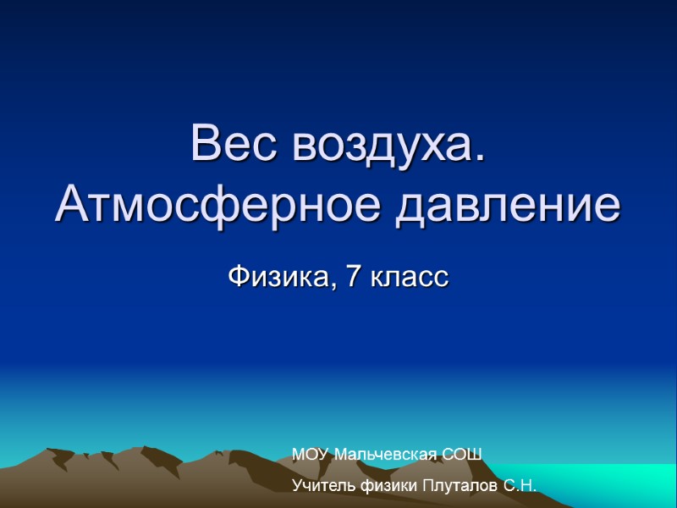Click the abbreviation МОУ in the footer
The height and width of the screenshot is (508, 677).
311,456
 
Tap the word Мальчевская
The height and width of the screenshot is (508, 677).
385,456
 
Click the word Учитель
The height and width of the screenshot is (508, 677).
320,486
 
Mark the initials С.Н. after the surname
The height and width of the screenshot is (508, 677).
520,486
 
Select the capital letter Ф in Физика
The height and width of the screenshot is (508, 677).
239,277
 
